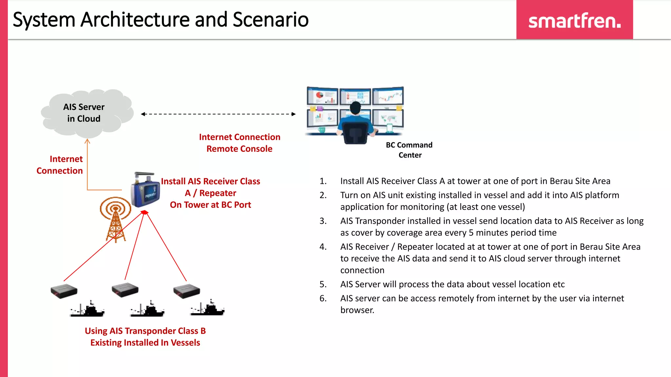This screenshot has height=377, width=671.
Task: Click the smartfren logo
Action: [x=574, y=21]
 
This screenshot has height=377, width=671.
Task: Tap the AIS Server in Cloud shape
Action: [x=86, y=113]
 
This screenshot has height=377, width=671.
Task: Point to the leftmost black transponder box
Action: [x=64, y=291]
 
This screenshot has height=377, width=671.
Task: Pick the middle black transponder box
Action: [x=125, y=290]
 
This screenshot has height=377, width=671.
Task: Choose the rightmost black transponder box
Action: [x=186, y=291]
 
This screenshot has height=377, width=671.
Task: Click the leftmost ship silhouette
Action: [x=87, y=309]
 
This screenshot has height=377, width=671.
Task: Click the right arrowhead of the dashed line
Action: [x=294, y=114]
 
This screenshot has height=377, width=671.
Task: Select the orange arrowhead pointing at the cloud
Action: [x=87, y=141]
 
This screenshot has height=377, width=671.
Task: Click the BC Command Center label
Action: [x=409, y=150]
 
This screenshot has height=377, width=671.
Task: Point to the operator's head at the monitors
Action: [x=355, y=108]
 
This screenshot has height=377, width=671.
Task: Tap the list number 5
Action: [x=323, y=284]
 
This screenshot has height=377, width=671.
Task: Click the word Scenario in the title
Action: [x=271, y=20]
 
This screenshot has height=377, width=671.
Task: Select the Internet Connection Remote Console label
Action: [x=240, y=143]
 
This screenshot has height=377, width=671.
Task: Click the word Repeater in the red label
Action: [x=218, y=193]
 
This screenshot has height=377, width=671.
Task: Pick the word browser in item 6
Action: [x=357, y=310]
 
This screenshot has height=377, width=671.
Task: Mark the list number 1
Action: [x=323, y=181]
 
